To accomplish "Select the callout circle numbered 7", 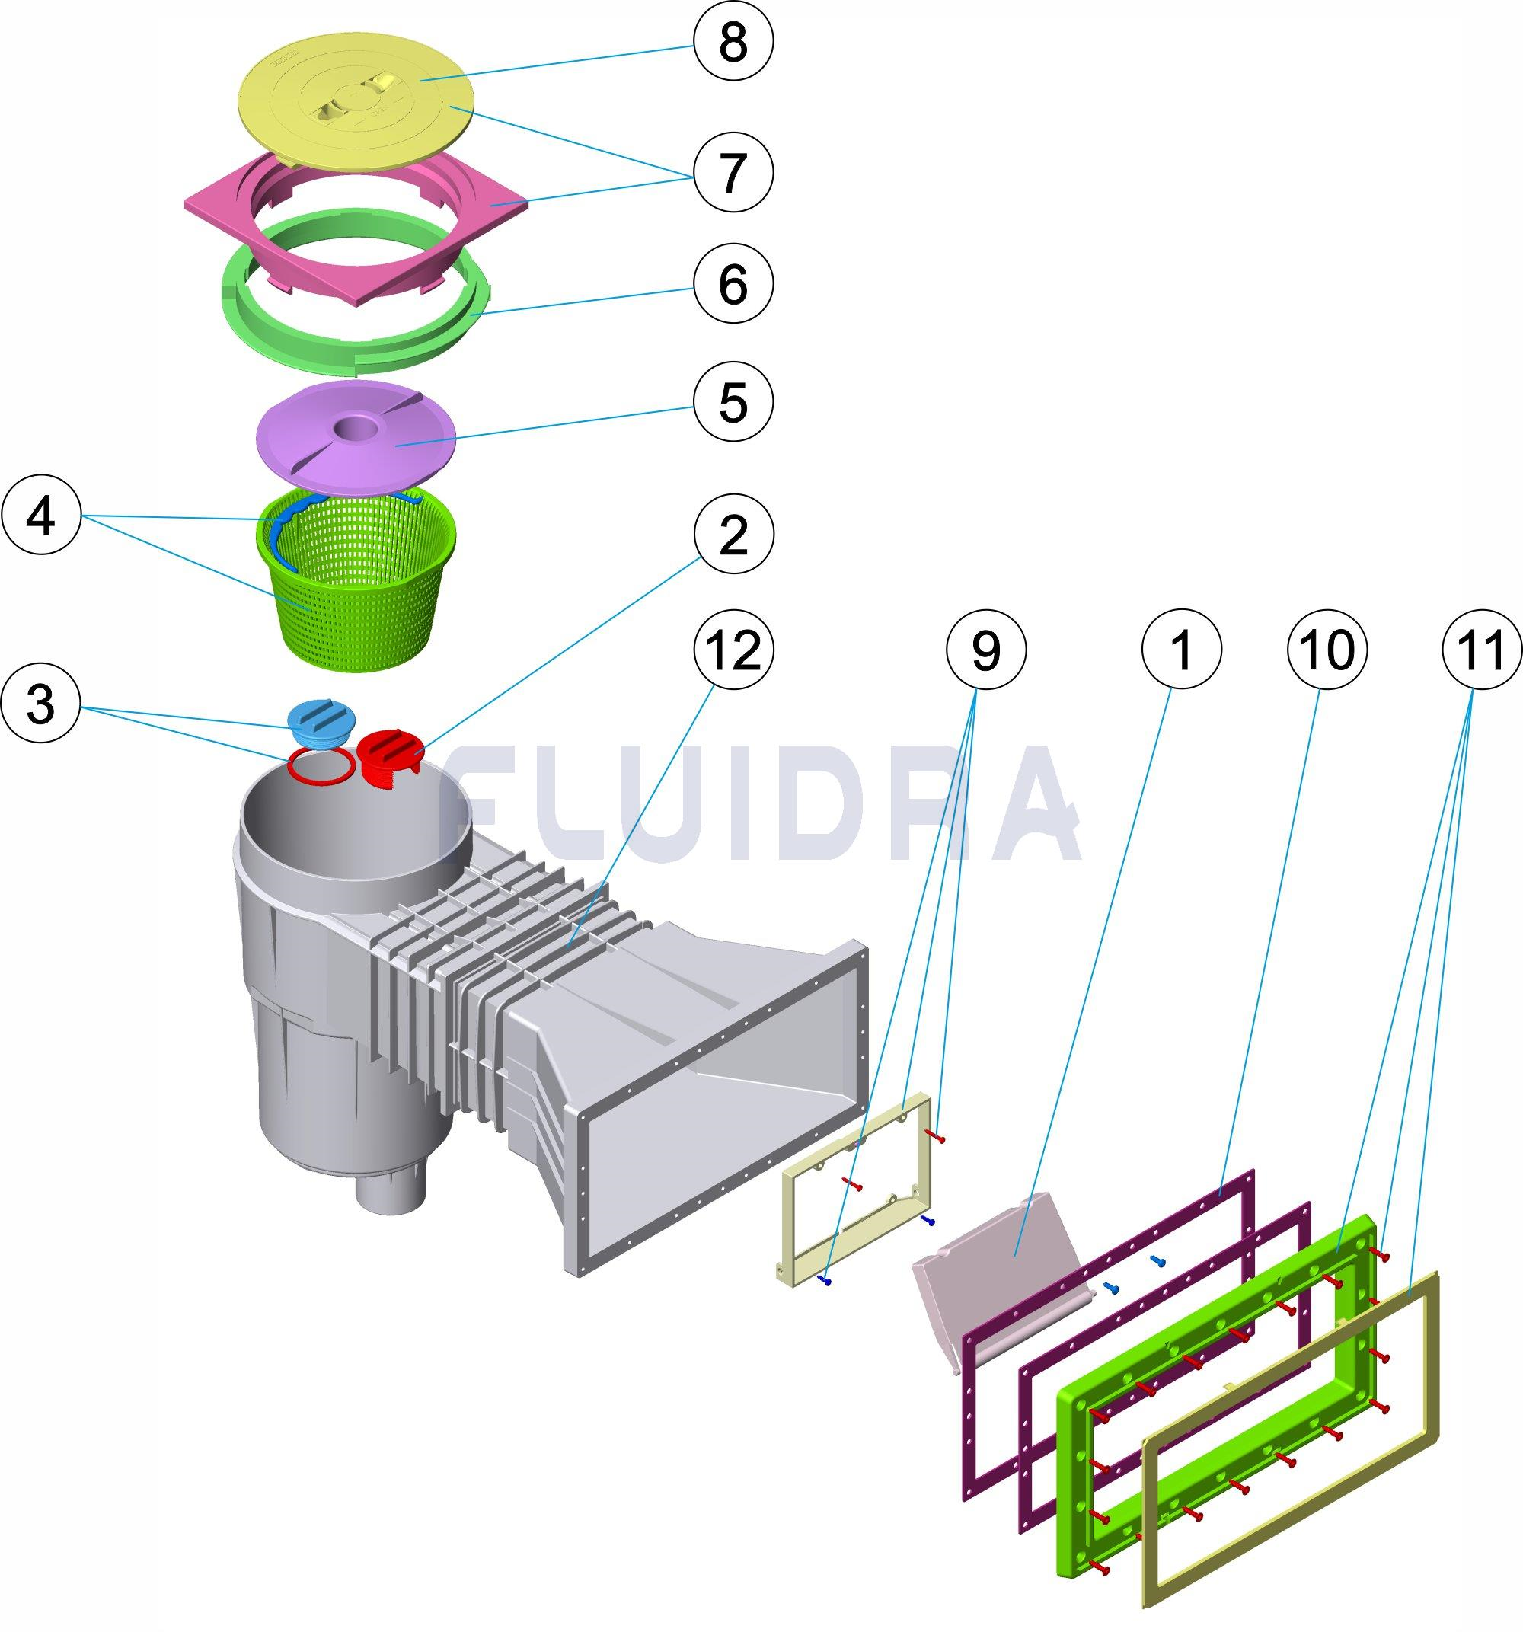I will [x=733, y=172].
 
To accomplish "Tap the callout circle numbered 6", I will [x=733, y=285].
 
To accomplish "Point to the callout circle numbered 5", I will [x=733, y=401].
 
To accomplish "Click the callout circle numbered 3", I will [x=41, y=705].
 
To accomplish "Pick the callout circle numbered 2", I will [x=733, y=535].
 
